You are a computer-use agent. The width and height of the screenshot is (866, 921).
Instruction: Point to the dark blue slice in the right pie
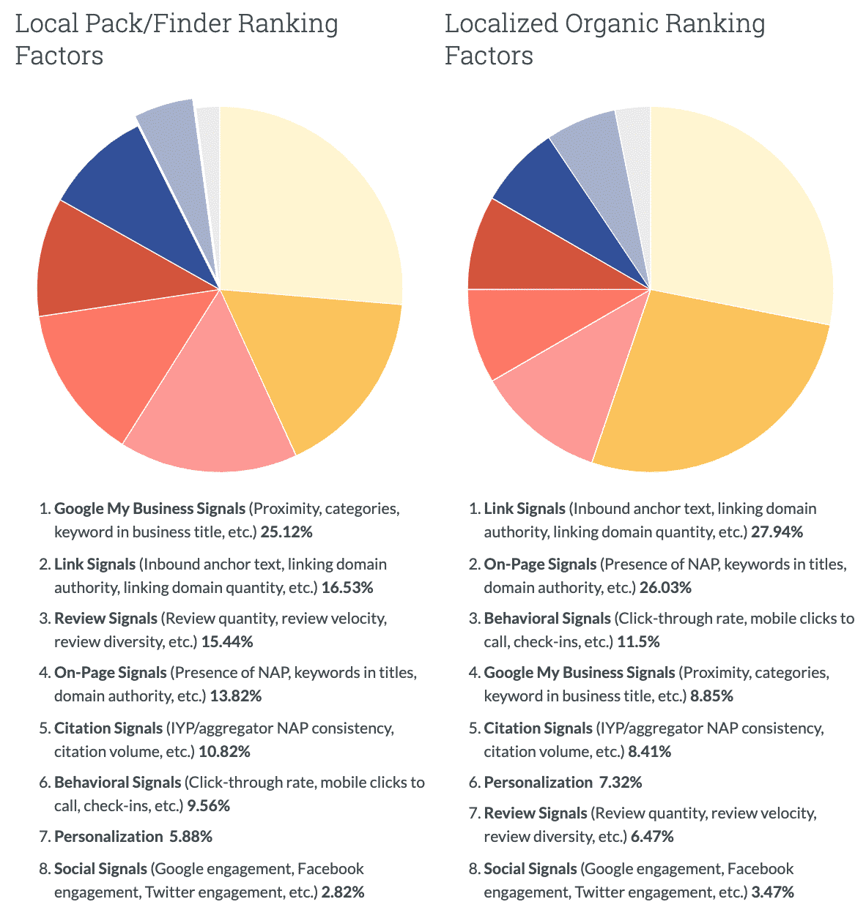[x=564, y=194]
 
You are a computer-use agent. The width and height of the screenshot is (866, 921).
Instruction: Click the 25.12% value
[x=286, y=532]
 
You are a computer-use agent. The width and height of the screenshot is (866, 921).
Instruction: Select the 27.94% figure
[x=777, y=532]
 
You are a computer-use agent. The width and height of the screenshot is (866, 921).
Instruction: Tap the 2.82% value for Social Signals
[x=342, y=892]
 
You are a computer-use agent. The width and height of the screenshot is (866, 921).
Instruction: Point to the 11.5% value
[x=638, y=642]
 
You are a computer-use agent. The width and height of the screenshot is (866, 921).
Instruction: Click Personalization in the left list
[x=108, y=837]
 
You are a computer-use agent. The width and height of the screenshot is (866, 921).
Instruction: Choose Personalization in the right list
[x=538, y=783]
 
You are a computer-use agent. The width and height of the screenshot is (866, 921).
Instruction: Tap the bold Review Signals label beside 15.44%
[x=106, y=619]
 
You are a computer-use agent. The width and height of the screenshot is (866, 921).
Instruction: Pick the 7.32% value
[x=621, y=783]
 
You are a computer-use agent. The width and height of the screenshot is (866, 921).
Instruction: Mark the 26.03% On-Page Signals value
[x=665, y=588]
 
